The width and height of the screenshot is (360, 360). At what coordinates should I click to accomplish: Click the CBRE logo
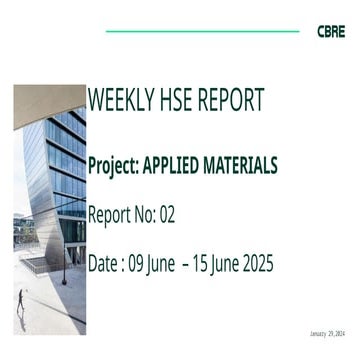click(330, 31)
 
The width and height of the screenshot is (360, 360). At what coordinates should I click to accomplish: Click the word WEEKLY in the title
click(117, 101)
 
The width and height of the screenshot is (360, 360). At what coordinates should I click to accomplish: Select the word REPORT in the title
click(230, 101)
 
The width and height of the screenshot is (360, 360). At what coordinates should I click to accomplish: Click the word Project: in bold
click(116, 164)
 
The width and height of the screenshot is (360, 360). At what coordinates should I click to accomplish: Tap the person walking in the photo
click(21, 305)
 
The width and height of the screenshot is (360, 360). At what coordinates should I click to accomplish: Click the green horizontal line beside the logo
click(200, 31)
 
